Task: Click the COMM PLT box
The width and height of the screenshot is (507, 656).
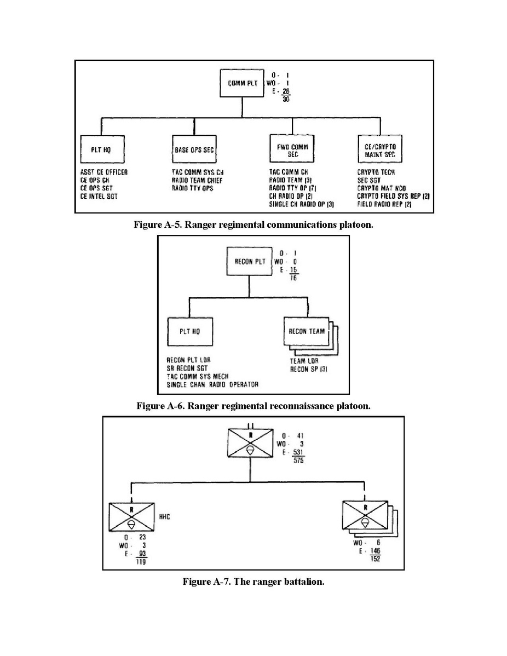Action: tap(242, 84)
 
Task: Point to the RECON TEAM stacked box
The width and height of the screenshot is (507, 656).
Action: tap(307, 331)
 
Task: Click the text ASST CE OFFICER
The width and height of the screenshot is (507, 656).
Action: tap(104, 172)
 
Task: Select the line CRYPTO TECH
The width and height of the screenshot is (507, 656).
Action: tap(377, 172)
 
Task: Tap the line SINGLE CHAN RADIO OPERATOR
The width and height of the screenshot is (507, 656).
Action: tap(212, 385)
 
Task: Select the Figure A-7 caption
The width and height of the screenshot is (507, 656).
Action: tap(253, 582)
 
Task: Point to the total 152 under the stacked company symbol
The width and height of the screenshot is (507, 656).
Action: tap(375, 559)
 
